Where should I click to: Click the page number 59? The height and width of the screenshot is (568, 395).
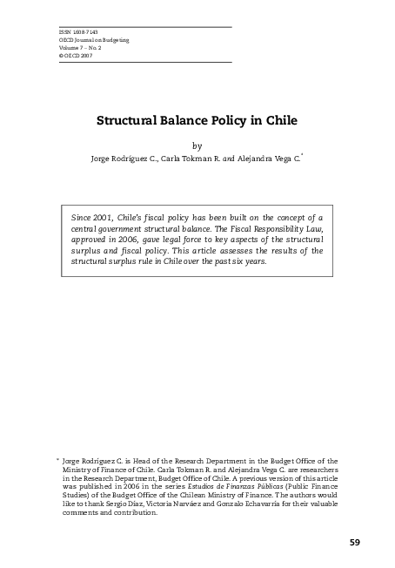click(x=354, y=542)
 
